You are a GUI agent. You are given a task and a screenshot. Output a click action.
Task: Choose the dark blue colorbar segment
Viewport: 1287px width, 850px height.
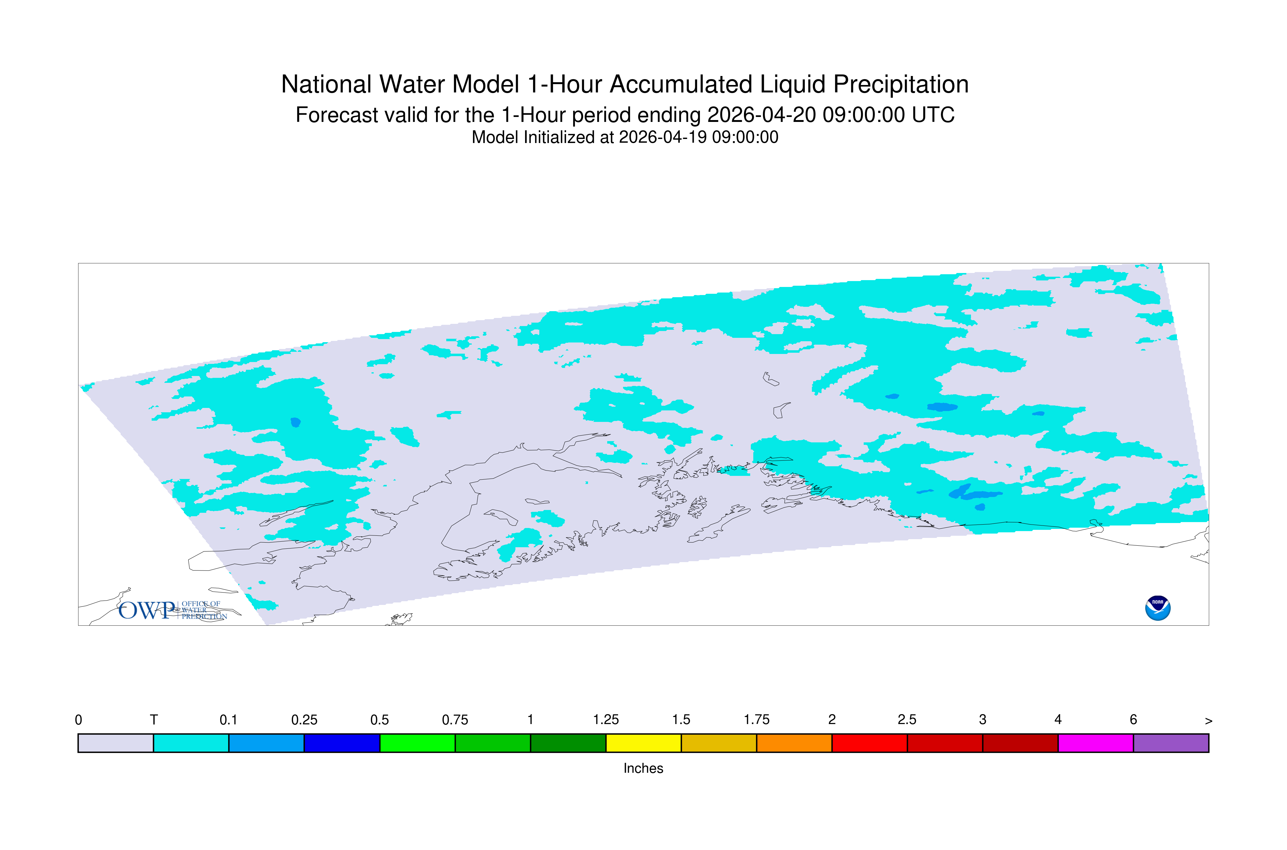pyautogui.click(x=342, y=743)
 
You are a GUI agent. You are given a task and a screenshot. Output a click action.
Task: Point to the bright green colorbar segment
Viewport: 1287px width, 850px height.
pyautogui.click(x=417, y=743)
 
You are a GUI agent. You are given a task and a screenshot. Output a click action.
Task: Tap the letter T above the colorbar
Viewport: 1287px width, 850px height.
pyautogui.click(x=154, y=720)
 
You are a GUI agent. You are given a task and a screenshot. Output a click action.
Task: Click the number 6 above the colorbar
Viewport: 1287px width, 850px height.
pyautogui.click(x=1133, y=720)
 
